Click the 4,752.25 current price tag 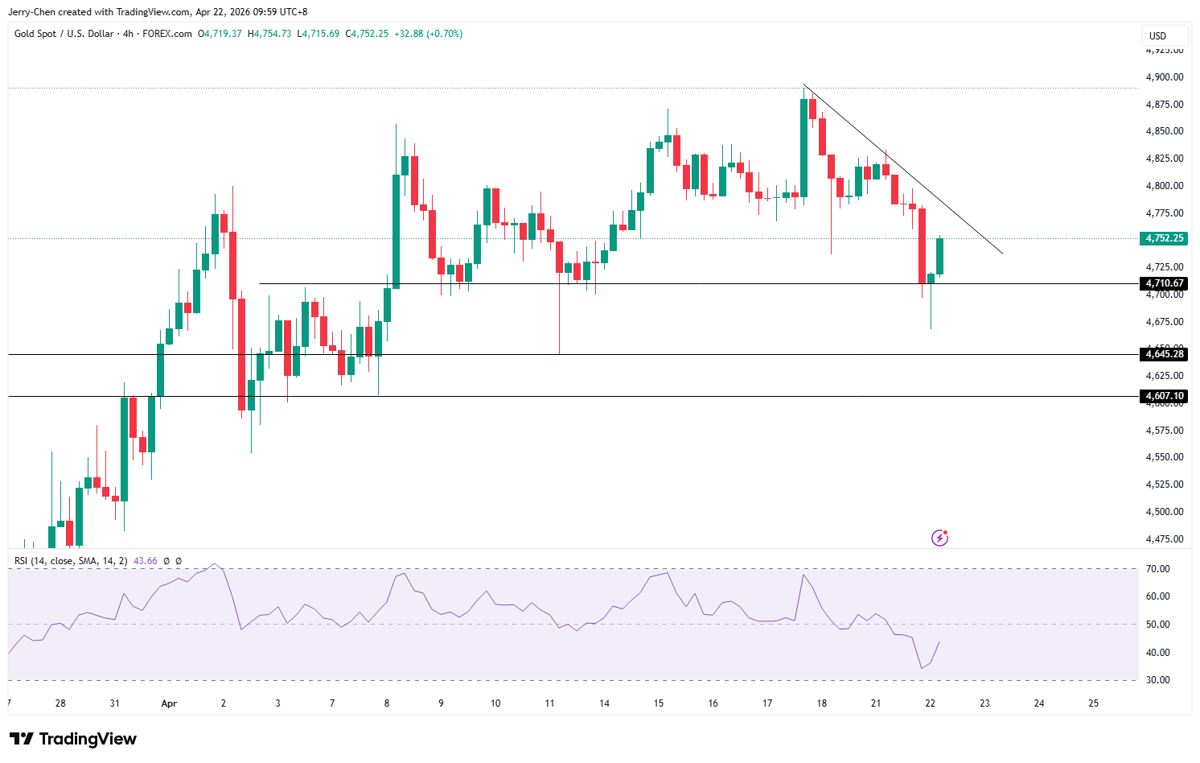tap(1164, 238)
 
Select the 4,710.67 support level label tap(1164, 283)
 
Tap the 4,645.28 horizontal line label tap(1164, 354)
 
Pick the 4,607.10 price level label tap(1164, 396)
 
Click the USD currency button tap(1157, 36)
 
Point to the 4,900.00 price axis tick tap(1164, 77)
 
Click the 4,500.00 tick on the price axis tap(1164, 512)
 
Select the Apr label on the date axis tap(169, 703)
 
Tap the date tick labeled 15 tap(659, 703)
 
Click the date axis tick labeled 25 tap(1093, 703)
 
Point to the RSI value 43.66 tap(145, 561)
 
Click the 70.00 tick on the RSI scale tap(1158, 569)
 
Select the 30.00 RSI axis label tap(1158, 680)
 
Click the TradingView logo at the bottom tap(73, 739)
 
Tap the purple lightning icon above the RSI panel tap(939, 538)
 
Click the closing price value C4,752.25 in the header tap(367, 34)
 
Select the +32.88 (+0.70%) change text tap(428, 34)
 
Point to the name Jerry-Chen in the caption tap(31, 12)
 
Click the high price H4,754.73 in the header tap(269, 34)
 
